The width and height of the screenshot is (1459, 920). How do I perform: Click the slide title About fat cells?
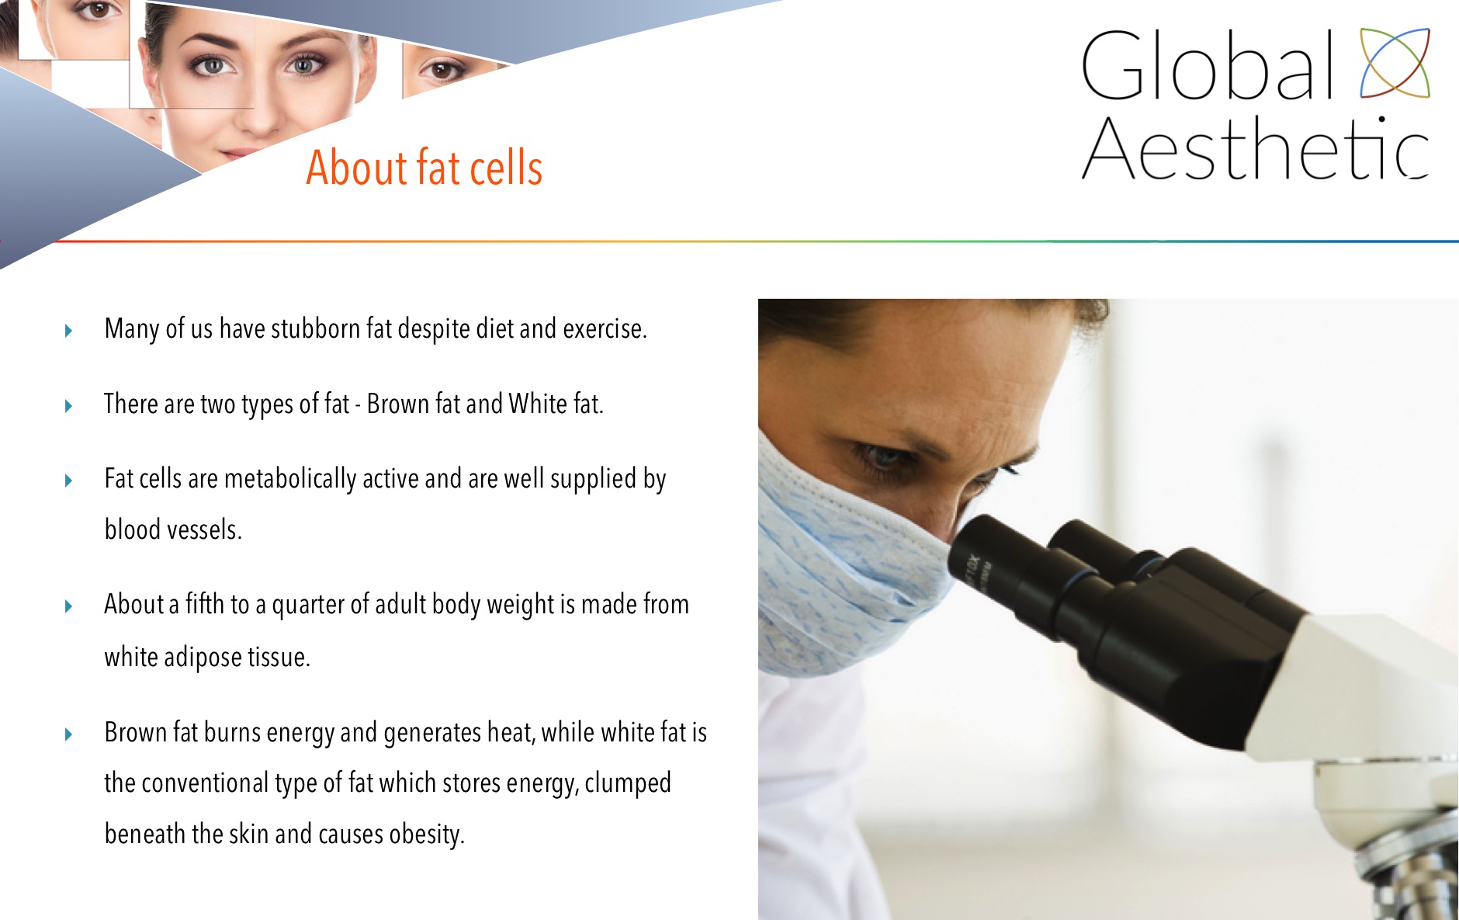click(424, 167)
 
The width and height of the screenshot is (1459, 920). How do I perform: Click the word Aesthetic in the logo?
click(1255, 148)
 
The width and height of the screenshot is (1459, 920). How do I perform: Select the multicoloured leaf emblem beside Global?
click(1395, 63)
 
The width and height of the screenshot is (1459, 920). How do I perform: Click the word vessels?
click(205, 529)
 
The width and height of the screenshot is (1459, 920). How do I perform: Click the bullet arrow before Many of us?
click(68, 331)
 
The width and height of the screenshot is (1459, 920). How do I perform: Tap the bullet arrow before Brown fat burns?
click(68, 734)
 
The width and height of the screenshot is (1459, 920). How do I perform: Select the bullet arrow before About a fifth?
click(68, 606)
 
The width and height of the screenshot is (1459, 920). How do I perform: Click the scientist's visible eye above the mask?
click(883, 456)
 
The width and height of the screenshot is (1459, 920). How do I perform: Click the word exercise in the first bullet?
click(605, 329)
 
